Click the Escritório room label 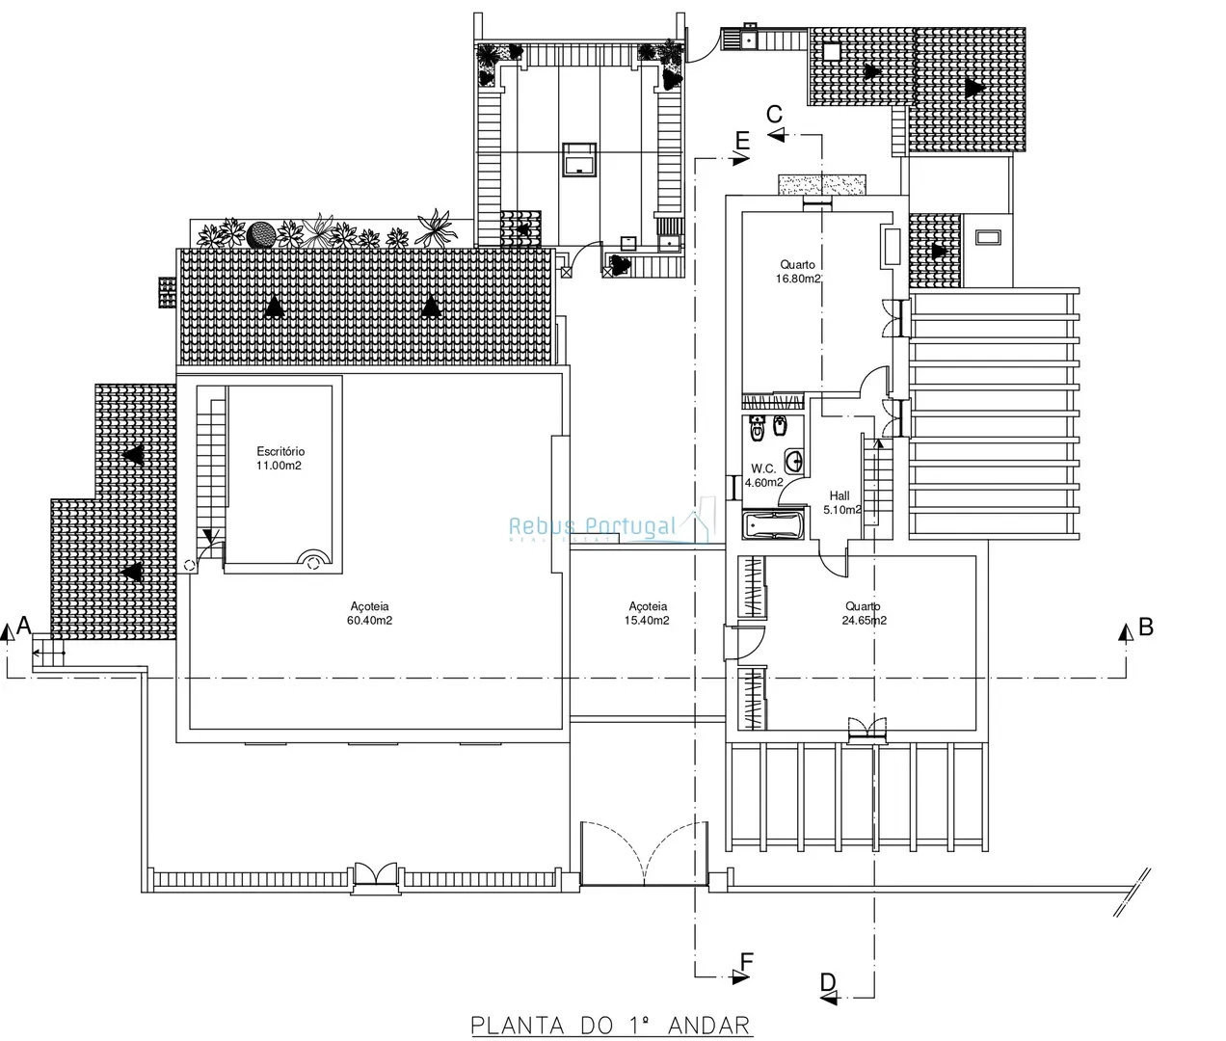coord(280,451)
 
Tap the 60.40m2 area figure coord(369,621)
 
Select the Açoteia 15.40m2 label coord(647,613)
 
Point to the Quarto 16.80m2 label coord(798,272)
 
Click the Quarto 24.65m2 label coord(865,613)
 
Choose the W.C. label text coord(763,469)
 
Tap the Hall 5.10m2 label coord(841,502)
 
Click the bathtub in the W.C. coord(773,525)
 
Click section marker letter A coord(24,625)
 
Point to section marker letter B coord(1146,627)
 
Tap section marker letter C coord(775,114)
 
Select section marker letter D coord(828,982)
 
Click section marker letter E coord(742,141)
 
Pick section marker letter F coord(747,961)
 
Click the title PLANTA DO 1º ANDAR coord(611,1026)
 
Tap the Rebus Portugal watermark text coord(593,525)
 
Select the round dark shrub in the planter coord(261,235)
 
